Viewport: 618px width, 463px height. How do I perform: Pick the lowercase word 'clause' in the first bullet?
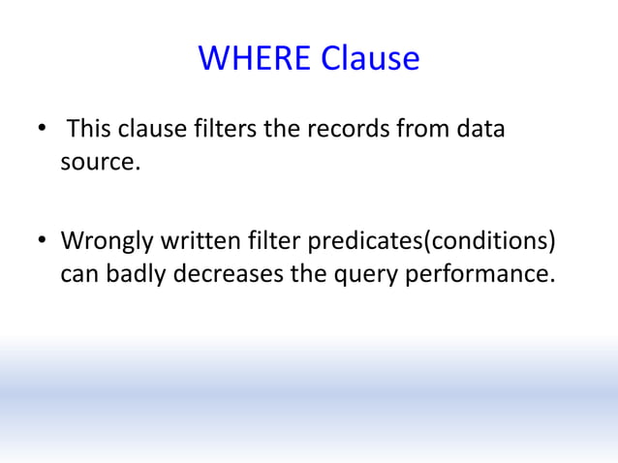pyautogui.click(x=153, y=129)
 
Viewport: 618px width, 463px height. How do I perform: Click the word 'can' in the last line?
pyautogui.click(x=77, y=274)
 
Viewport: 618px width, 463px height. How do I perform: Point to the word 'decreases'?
pyautogui.click(x=228, y=274)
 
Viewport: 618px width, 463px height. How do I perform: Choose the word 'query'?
pyautogui.click(x=357, y=274)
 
